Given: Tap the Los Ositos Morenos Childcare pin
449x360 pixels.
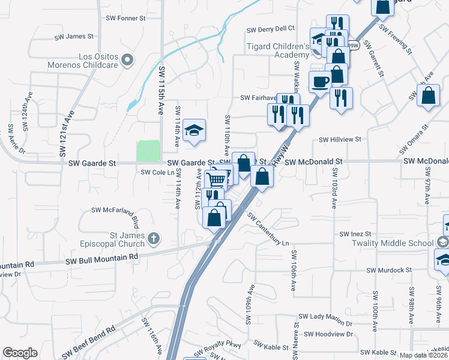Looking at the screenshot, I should click(127, 59).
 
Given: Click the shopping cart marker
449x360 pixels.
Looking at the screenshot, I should click(217, 179).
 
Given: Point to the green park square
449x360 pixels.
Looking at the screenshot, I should click(148, 151).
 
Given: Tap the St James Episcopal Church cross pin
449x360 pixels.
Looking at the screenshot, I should click(154, 239).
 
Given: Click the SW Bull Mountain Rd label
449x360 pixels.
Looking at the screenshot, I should click(102, 257).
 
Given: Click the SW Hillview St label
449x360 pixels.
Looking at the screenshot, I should click(339, 139).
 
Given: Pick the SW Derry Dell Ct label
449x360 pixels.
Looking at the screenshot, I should click(271, 28).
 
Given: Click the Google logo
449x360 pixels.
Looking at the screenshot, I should click(20, 353).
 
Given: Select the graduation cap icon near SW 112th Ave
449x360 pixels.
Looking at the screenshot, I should click(194, 131).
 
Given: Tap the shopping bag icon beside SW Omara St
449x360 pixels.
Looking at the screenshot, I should click(428, 96).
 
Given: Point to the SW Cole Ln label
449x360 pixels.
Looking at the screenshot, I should click(157, 172).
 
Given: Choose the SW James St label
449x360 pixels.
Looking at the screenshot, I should click(74, 37).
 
